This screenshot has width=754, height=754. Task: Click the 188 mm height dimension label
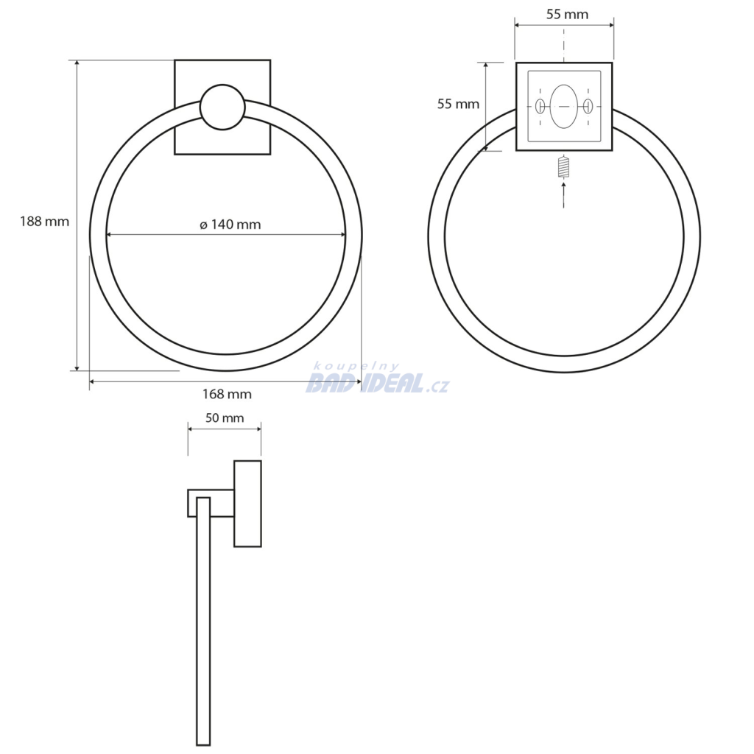point(44,222)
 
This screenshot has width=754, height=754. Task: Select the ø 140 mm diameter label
point(230,225)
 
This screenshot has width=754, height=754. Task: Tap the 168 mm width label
point(227,395)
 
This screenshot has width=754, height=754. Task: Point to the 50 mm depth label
point(225,418)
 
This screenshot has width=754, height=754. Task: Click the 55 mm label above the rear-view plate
point(567,15)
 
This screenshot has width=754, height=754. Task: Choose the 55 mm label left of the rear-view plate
point(458,104)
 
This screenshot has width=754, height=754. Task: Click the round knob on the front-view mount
point(222,108)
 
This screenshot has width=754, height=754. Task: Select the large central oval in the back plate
point(563,106)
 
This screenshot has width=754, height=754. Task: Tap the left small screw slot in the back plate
point(540,106)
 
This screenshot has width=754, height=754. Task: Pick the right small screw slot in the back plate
point(587,106)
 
